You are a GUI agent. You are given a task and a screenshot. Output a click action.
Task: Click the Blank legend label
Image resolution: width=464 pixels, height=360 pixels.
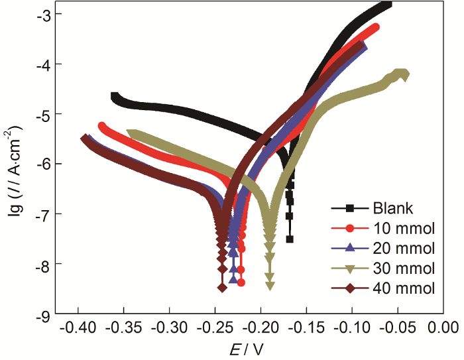393,208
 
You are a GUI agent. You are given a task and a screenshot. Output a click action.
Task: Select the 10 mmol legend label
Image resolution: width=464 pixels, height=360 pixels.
403,229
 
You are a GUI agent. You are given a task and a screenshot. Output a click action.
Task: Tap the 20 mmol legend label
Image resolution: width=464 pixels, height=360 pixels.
403,249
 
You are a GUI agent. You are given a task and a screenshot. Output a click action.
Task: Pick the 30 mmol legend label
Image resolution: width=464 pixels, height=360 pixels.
403,269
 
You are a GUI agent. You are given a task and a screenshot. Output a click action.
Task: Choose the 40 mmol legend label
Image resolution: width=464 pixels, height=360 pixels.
403,288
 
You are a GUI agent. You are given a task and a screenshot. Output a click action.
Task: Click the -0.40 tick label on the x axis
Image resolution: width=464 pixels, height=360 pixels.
78,328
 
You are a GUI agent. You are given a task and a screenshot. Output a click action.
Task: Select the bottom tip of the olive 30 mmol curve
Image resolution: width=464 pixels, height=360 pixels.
270,286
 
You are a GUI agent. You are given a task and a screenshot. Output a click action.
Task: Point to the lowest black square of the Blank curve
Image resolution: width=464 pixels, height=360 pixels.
290,239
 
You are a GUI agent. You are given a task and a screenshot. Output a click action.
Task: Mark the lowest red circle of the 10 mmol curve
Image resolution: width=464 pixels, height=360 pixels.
241,282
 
